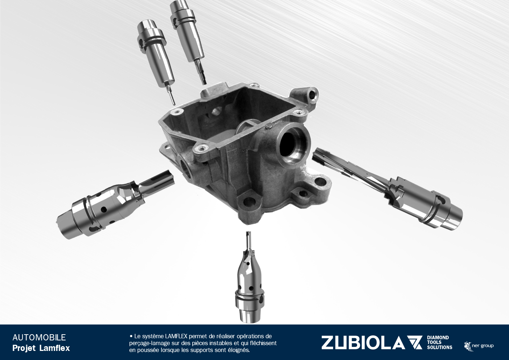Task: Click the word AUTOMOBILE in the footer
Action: [x=39, y=337]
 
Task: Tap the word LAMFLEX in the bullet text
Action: [x=176, y=336]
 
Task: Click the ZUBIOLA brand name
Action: [x=363, y=343]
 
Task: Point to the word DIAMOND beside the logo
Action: [x=438, y=338]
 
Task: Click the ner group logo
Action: [x=479, y=346]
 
